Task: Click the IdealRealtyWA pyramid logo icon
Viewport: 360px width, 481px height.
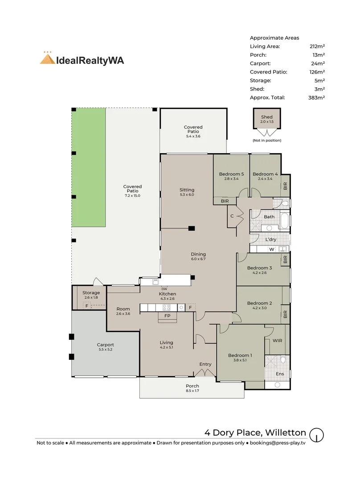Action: tap(48, 58)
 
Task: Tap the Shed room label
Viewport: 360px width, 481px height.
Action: tap(267, 117)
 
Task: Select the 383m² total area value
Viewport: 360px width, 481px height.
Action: tap(316, 98)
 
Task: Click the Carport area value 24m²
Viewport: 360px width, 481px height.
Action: tap(318, 64)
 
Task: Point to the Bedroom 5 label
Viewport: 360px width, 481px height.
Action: tap(231, 174)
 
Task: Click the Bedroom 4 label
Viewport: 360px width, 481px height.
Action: tap(265, 174)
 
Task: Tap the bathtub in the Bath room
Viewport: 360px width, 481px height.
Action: tap(285, 220)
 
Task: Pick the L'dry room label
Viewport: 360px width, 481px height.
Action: tap(271, 239)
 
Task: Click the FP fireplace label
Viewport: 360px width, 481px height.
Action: tap(167, 316)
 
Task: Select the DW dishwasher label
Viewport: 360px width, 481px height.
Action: tap(164, 289)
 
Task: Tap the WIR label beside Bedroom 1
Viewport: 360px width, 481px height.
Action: tap(278, 341)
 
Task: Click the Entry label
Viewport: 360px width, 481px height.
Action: tap(205, 364)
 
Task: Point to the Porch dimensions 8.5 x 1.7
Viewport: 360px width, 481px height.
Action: tap(192, 391)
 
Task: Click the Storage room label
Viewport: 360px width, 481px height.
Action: tap(91, 293)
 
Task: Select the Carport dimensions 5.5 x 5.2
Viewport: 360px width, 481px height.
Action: tap(105, 350)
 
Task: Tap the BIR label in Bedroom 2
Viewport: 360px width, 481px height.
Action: tap(286, 314)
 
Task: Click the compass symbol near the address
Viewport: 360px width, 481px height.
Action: tap(316, 435)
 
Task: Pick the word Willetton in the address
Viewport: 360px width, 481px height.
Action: tap(286, 432)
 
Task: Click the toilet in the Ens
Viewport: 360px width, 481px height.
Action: tap(283, 359)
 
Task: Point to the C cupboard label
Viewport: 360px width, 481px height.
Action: tap(232, 216)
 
